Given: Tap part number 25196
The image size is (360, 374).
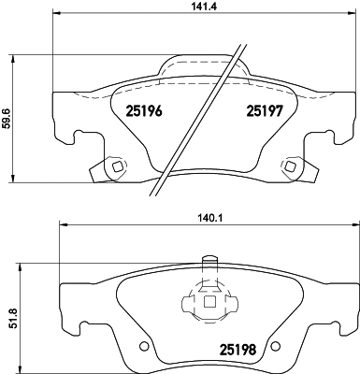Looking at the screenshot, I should click(144, 110).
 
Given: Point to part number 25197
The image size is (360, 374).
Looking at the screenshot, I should click(265, 110).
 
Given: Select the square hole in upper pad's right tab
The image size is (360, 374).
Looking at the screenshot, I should click(291, 166).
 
